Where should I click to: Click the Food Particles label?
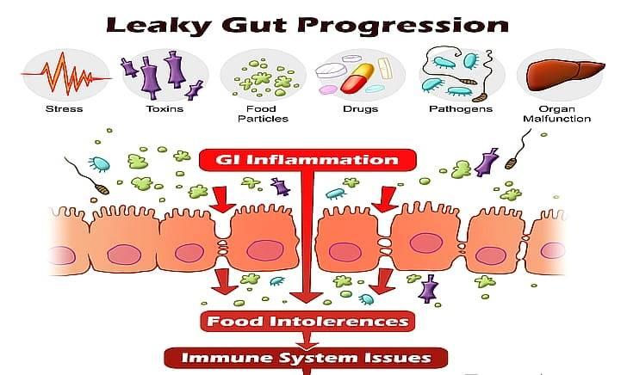261,114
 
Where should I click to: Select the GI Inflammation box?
307,160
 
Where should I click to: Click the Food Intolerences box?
307,322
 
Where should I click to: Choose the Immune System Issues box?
307,355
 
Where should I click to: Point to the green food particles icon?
261,74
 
